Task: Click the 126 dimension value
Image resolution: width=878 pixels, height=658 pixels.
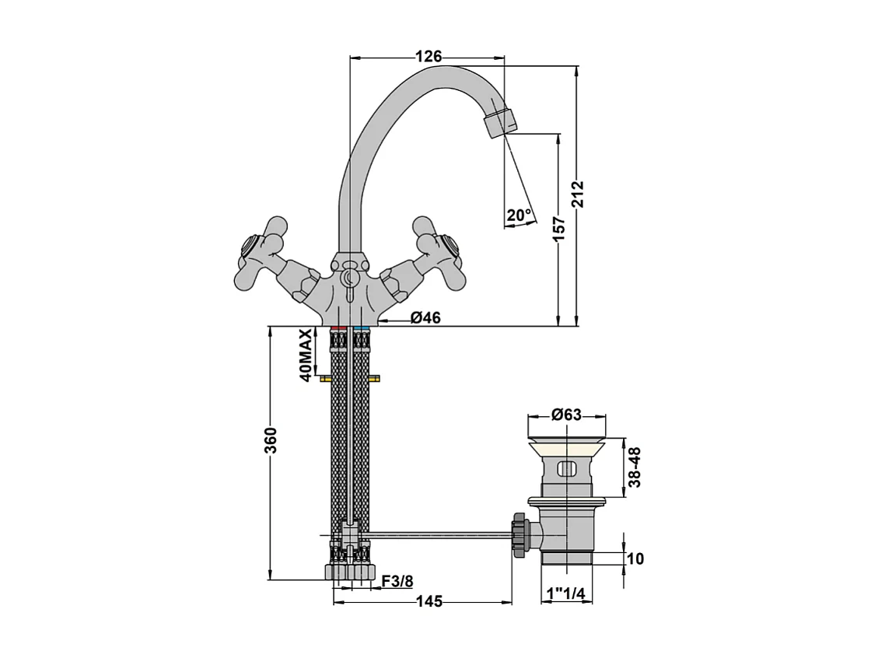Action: click(x=429, y=56)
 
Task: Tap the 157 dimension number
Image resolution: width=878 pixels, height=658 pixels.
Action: click(x=559, y=227)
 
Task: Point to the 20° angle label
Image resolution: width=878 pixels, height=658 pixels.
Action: click(x=518, y=215)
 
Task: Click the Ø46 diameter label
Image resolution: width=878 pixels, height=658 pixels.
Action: click(x=425, y=317)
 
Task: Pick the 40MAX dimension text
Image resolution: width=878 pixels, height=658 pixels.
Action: click(x=306, y=355)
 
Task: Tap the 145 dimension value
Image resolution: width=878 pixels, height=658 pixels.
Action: click(x=429, y=601)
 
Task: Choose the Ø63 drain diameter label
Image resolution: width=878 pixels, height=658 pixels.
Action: click(x=566, y=415)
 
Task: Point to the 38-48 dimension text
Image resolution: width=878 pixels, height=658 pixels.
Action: click(x=635, y=467)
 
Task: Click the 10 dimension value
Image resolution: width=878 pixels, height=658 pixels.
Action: click(x=635, y=558)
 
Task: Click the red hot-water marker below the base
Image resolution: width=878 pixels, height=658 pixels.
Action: click(x=338, y=331)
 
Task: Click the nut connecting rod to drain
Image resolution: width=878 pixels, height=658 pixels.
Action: click(x=519, y=534)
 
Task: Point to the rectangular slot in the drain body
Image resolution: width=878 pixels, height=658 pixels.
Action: click(x=567, y=469)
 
